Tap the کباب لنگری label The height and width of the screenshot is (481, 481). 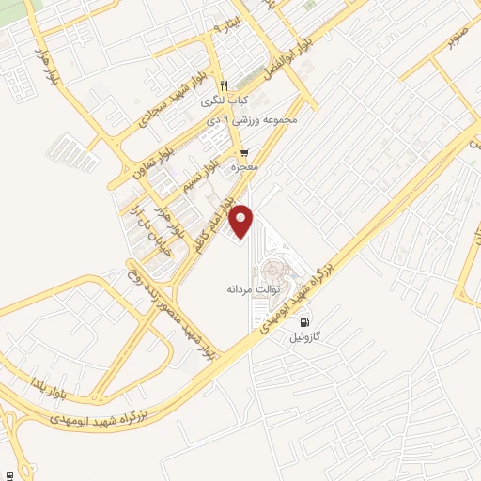point(228,99)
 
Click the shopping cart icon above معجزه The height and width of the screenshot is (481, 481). point(244,152)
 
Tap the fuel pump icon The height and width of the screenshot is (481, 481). point(302,320)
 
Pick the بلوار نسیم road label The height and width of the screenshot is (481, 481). point(215,163)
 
